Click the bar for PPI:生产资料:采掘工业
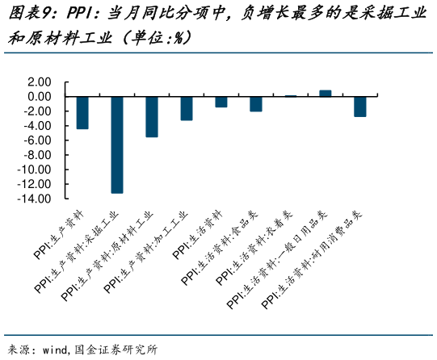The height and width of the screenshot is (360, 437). coord(117,144)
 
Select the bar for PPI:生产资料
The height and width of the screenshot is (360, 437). coord(82,112)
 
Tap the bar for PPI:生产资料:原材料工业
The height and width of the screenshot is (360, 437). coord(152,116)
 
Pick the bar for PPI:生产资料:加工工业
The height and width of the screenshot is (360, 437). coord(187,108)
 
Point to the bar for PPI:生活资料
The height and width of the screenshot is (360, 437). coord(221,102)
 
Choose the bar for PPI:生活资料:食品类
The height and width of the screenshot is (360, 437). coord(256,103)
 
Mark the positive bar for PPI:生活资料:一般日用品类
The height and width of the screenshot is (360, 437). coord(326,93)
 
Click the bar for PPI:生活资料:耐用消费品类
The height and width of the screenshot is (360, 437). coord(360,107)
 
